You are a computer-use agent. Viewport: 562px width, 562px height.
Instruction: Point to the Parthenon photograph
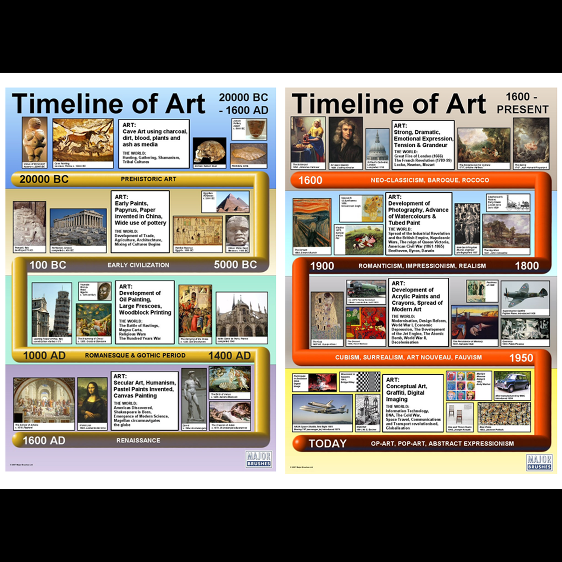78,228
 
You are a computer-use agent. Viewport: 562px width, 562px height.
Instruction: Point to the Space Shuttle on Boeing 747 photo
322,410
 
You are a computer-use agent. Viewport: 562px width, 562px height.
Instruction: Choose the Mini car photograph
512,383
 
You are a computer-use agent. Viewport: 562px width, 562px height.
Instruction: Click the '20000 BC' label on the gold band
44,179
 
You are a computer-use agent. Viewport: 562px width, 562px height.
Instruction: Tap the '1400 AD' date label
229,356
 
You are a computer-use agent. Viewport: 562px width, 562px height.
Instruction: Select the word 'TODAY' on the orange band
328,444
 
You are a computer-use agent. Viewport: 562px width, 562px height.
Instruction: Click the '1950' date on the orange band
521,358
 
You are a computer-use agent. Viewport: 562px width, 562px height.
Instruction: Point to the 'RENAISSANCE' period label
138,440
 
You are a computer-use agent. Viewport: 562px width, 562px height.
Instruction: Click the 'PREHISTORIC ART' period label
148,179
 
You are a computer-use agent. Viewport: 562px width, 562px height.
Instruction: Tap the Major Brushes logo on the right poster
539,462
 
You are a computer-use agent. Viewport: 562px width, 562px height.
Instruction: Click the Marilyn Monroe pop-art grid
461,385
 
